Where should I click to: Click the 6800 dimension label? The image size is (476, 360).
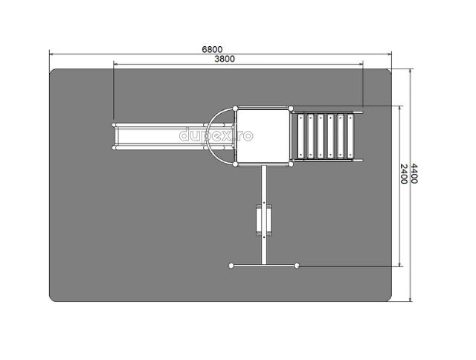212,49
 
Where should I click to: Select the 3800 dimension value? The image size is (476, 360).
225,59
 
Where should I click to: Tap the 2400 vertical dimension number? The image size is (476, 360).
403,174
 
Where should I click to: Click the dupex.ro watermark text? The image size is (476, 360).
216,135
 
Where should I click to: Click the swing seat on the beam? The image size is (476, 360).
263,219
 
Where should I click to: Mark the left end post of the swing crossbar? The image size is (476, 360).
231,266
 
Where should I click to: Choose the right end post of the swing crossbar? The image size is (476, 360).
297,266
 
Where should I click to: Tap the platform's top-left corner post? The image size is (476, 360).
235,109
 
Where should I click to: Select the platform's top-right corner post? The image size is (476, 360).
291,109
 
